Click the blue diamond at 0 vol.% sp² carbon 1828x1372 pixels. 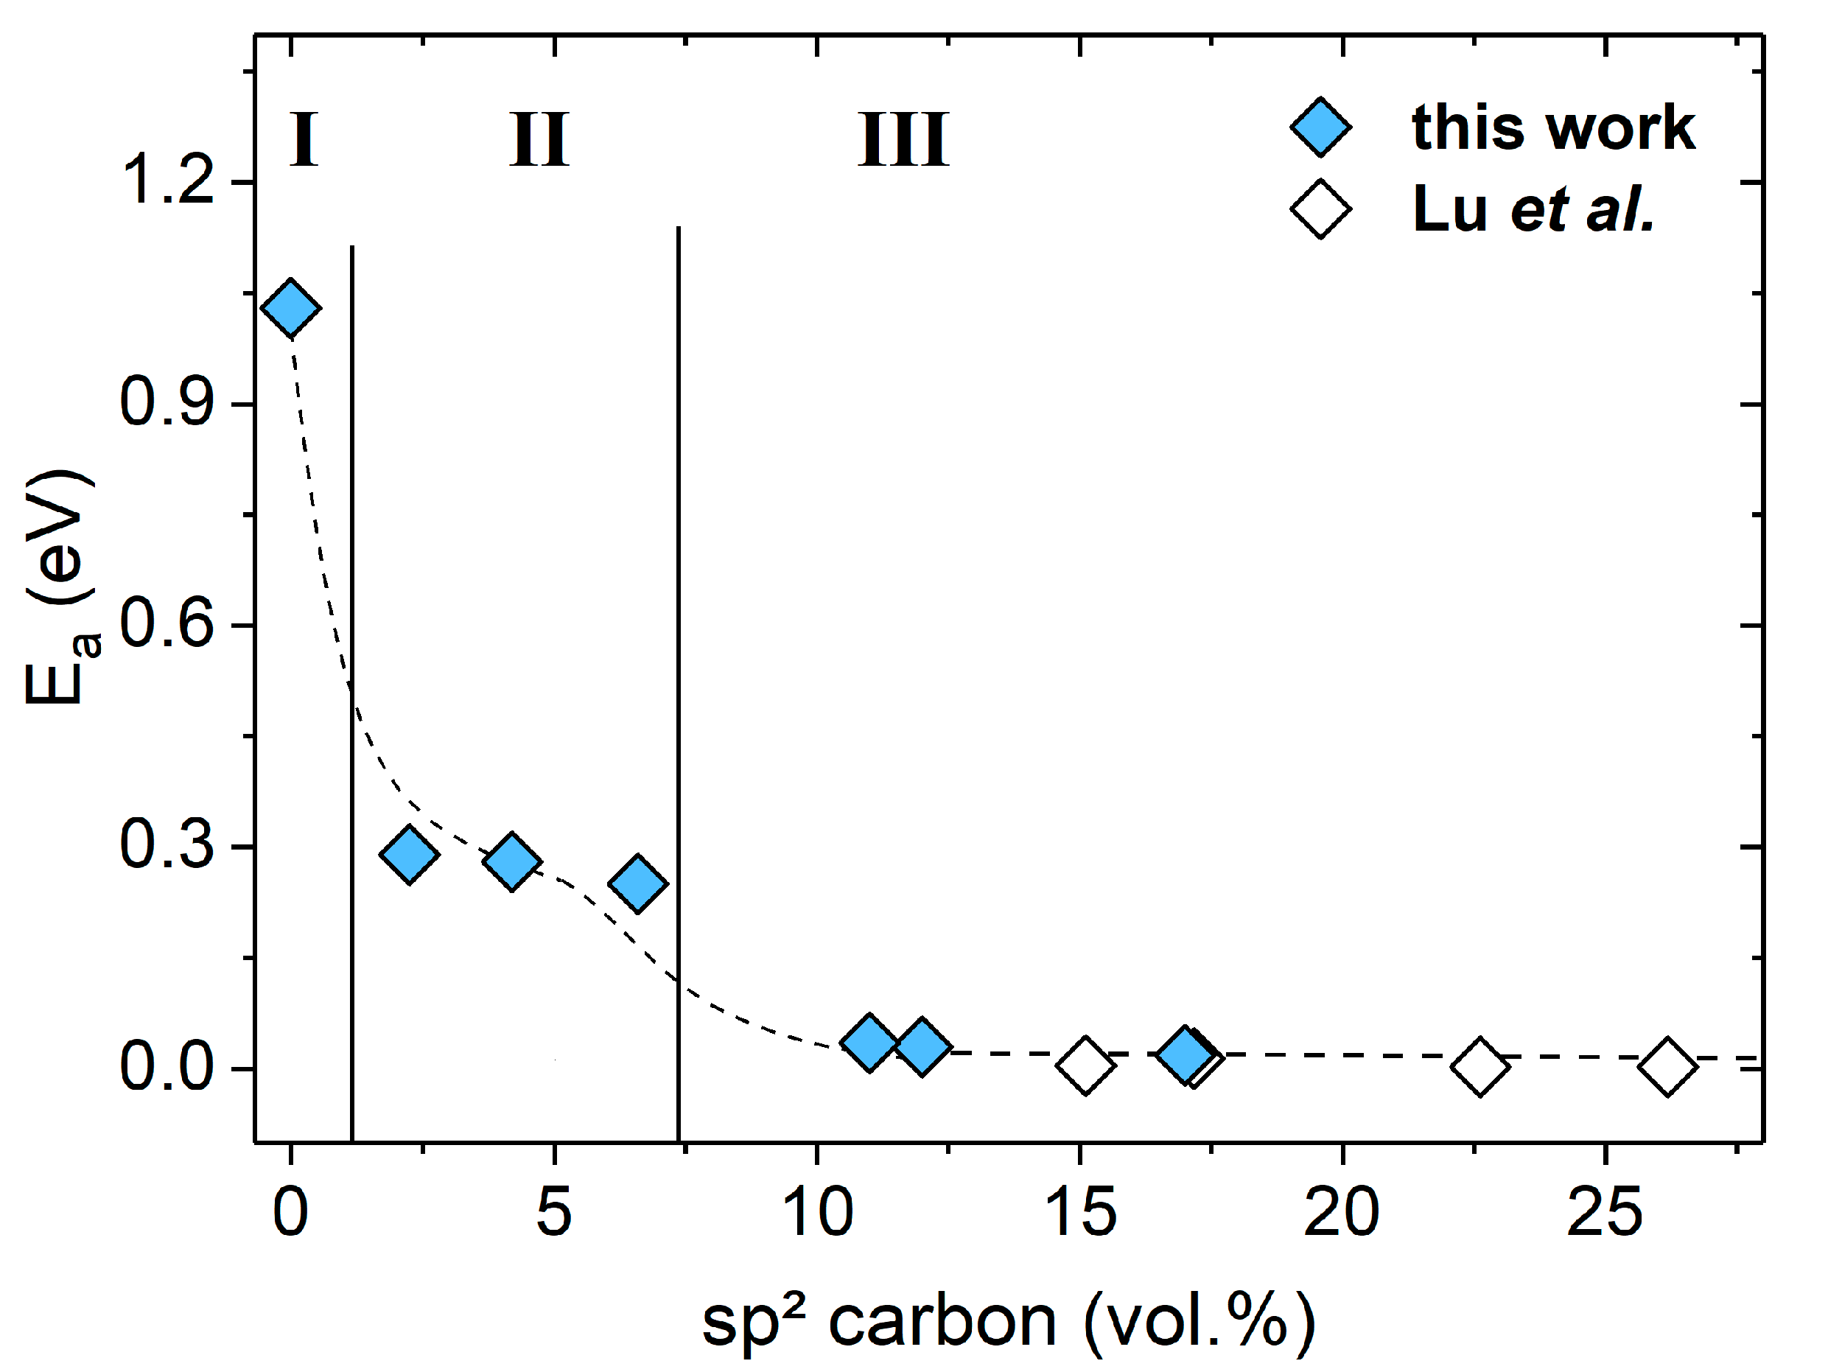tap(290, 307)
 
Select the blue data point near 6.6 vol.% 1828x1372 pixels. tap(637, 883)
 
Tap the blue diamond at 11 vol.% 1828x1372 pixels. tap(869, 1042)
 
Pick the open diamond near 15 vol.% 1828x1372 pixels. tap(1085, 1065)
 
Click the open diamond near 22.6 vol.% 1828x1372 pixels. tap(1479, 1066)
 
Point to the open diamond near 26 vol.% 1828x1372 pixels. tap(1667, 1066)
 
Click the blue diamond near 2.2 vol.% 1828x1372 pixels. tap(408, 854)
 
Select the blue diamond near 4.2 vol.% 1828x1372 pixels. tap(511, 861)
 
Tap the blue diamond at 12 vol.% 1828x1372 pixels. tap(922, 1046)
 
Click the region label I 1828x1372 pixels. tap(304, 139)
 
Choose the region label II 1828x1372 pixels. tap(539, 139)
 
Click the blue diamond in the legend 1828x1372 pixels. tap(1320, 127)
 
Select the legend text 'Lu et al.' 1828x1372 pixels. tap(1533, 209)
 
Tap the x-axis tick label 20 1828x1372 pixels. tap(1340, 1213)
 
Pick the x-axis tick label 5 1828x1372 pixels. tap(553, 1213)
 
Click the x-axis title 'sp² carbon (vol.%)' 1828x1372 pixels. tap(1008, 1323)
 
